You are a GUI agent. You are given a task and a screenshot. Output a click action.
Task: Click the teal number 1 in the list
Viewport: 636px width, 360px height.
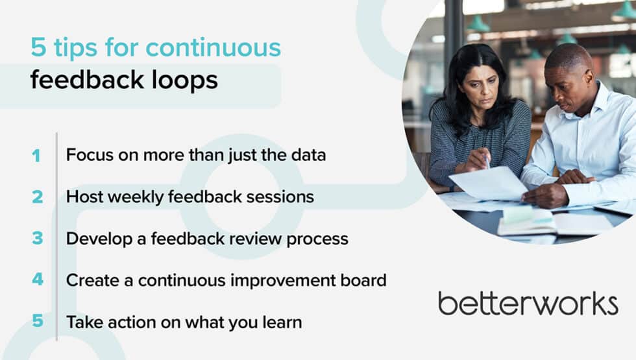[36, 156]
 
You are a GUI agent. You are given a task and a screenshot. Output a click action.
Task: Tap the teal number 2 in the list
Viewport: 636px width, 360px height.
[37, 197]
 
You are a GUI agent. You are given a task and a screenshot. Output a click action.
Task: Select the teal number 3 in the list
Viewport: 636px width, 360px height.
[37, 239]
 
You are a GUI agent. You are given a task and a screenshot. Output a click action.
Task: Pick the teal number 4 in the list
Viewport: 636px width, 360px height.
[37, 280]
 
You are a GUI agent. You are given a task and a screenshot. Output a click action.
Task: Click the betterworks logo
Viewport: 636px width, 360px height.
[528, 304]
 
